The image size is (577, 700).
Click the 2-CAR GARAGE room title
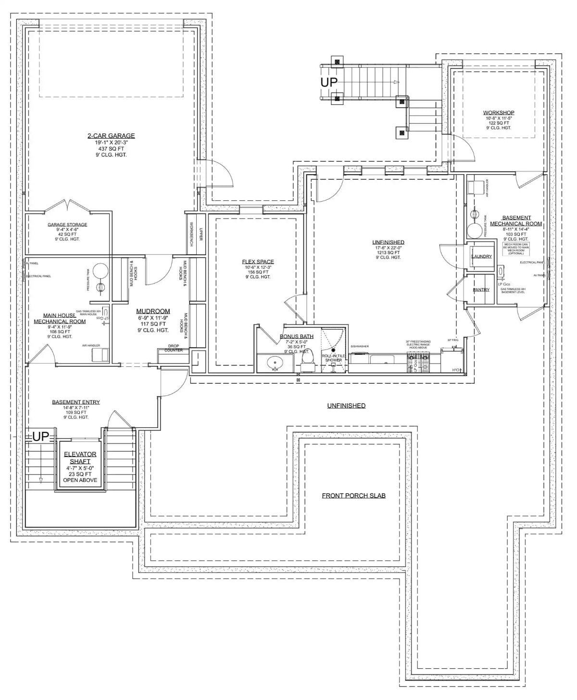tap(111, 136)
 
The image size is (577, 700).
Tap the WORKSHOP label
tap(499, 113)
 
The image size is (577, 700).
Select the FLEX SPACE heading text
tap(258, 262)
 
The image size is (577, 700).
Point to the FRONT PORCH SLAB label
tap(353, 495)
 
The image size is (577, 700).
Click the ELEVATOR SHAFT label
tap(80, 458)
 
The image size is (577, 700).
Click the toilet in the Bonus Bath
tap(305, 359)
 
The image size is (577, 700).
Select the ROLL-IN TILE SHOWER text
tap(334, 358)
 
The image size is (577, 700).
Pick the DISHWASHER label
tap(360, 346)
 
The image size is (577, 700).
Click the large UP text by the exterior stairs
tap(329, 82)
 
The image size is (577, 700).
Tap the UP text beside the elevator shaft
tap(41, 437)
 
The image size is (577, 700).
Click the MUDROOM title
tap(153, 311)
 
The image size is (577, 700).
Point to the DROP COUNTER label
tap(173, 348)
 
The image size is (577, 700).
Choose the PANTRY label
tap(481, 290)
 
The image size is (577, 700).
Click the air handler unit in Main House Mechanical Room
tap(100, 355)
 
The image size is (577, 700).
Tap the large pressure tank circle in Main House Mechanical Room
tap(100, 271)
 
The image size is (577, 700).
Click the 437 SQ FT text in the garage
tap(111, 149)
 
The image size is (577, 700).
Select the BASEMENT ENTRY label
tap(76, 402)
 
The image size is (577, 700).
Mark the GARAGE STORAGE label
tap(67, 224)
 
